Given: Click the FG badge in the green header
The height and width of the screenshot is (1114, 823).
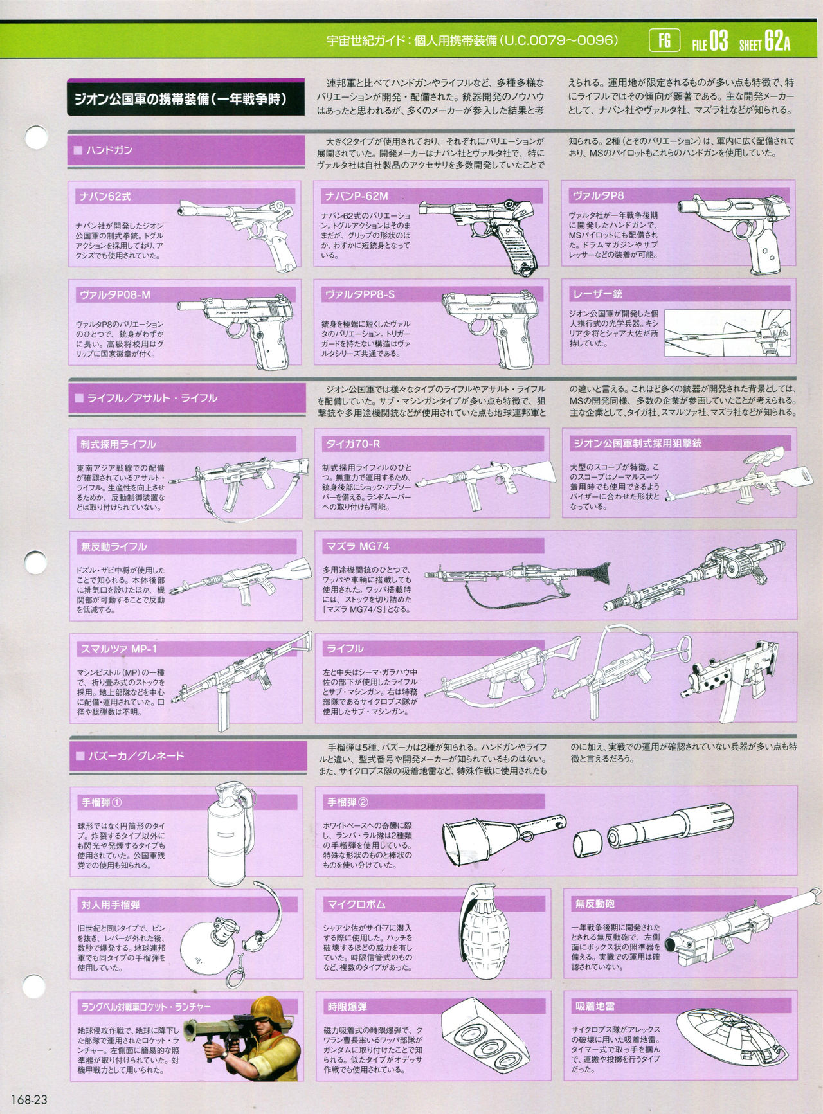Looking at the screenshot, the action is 664,41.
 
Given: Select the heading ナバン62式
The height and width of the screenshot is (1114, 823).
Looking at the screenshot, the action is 105,197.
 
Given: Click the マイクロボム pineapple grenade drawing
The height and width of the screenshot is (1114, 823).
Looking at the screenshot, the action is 485,929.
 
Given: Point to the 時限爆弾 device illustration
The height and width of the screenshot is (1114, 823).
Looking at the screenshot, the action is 486,1037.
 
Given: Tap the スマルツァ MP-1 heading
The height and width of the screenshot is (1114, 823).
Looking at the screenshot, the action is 118,649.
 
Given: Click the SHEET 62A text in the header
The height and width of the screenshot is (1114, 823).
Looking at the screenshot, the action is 764,42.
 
